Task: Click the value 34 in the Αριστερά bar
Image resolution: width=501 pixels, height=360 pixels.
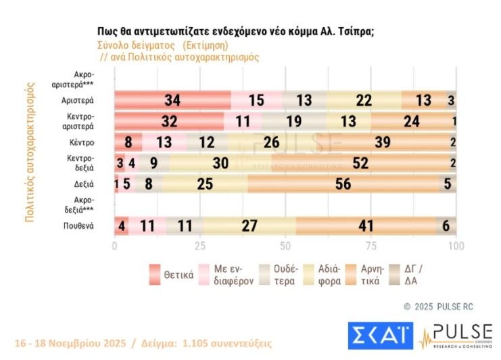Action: pyautogui.click(x=172, y=100)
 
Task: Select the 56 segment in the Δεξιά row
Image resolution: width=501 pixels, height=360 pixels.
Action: pyautogui.click(x=343, y=183)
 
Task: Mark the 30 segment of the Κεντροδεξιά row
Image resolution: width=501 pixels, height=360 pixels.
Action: pyautogui.click(x=220, y=163)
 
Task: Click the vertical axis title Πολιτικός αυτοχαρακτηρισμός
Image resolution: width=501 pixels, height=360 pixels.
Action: pyautogui.click(x=29, y=152)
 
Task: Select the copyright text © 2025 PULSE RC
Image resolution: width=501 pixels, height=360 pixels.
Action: pyautogui.click(x=437, y=307)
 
